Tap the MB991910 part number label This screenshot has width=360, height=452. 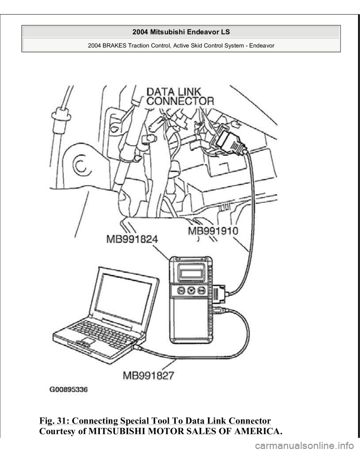[213, 230]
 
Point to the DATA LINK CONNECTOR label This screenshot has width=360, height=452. [180, 96]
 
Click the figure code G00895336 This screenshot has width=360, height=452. [69, 390]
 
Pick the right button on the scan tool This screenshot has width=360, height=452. [201, 290]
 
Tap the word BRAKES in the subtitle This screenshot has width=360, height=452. [114, 45]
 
